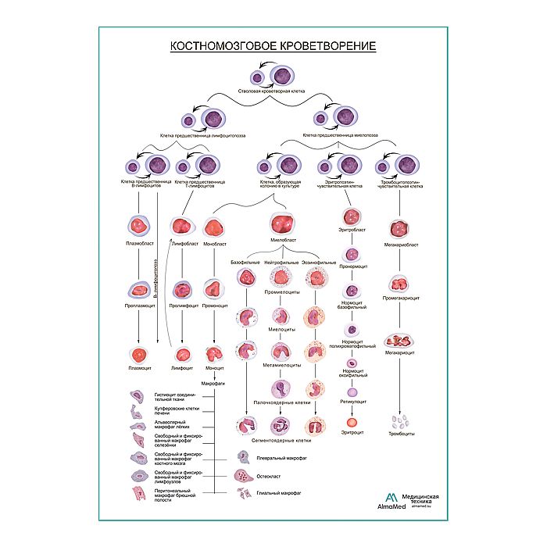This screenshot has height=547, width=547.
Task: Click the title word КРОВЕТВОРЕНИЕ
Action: point(320,47)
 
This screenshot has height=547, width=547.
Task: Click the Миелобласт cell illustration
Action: point(281,221)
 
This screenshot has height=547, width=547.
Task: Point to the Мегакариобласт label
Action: point(402,245)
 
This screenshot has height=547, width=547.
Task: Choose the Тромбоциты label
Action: point(403,433)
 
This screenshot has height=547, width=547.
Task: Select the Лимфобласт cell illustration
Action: point(182,227)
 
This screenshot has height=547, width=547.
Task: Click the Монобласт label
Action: point(214,244)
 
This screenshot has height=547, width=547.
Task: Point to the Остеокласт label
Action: point(268,475)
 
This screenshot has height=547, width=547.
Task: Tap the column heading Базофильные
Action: point(245,263)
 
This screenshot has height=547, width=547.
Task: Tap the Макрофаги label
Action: point(213,383)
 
